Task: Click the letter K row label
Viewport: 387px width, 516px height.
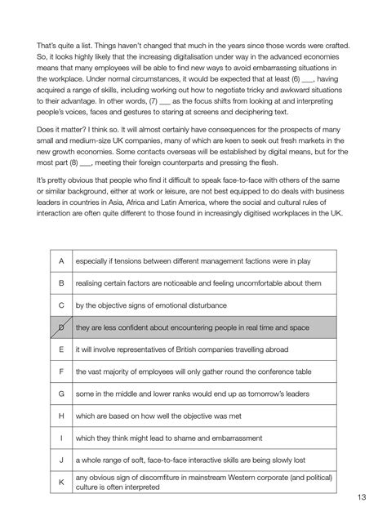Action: (x=61, y=483)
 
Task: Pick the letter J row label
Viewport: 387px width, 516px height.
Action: (x=61, y=460)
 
